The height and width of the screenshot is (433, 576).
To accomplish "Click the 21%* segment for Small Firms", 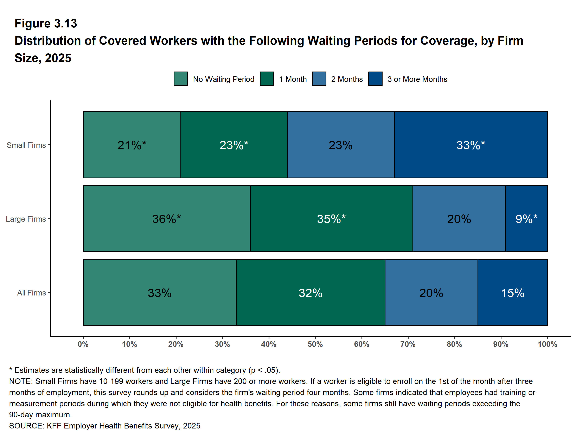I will click(x=132, y=145).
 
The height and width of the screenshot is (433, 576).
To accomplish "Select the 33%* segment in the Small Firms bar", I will click(x=471, y=145).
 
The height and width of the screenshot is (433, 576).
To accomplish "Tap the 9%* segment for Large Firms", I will click(x=526, y=219).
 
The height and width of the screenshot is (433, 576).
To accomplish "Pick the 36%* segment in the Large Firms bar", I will click(x=166, y=219).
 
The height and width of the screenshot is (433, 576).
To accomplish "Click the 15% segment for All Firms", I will click(x=512, y=293).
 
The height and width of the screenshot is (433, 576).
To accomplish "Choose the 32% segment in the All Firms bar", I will click(x=310, y=293).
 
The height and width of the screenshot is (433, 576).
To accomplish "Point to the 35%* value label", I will click(x=331, y=219).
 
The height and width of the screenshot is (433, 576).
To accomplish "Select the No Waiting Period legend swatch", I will click(x=181, y=79).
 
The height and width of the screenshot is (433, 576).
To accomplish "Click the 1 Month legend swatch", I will click(x=267, y=79).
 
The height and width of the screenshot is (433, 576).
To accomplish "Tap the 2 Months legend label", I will click(x=347, y=79).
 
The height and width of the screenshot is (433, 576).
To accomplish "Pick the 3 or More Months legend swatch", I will click(x=375, y=79).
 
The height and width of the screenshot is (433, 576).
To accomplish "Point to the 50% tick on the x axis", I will click(x=315, y=344).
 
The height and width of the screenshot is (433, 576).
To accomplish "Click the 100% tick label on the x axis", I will click(x=547, y=344).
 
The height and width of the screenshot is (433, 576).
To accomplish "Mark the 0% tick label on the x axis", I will click(x=83, y=344).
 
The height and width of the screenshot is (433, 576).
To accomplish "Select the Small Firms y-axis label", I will click(x=26, y=145).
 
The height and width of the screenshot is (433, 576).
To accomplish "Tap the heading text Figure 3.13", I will click(x=46, y=24).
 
